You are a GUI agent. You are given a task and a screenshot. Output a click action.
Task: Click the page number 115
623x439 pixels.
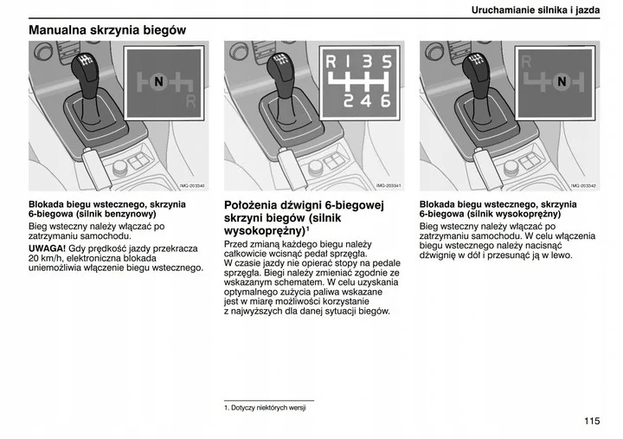tap(591, 422)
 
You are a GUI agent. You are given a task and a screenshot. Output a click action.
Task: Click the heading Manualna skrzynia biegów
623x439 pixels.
tap(107, 30)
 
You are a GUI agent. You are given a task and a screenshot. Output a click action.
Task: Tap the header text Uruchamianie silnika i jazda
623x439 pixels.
tap(536, 10)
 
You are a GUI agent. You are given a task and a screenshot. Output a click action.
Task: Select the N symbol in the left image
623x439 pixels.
tap(157, 81)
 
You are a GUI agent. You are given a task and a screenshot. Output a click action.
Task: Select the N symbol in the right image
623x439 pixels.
tap(561, 81)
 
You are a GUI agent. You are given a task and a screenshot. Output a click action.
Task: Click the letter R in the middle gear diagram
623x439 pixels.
tap(331, 62)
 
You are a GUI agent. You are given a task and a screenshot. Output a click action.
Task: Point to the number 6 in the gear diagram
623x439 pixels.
tap(386, 101)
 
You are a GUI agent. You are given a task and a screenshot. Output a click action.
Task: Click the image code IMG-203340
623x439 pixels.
tap(192, 186)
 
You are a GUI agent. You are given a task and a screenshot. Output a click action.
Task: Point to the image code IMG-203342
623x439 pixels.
tap(583, 186)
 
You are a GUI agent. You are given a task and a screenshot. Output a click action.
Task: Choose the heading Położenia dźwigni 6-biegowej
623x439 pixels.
tap(304, 205)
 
